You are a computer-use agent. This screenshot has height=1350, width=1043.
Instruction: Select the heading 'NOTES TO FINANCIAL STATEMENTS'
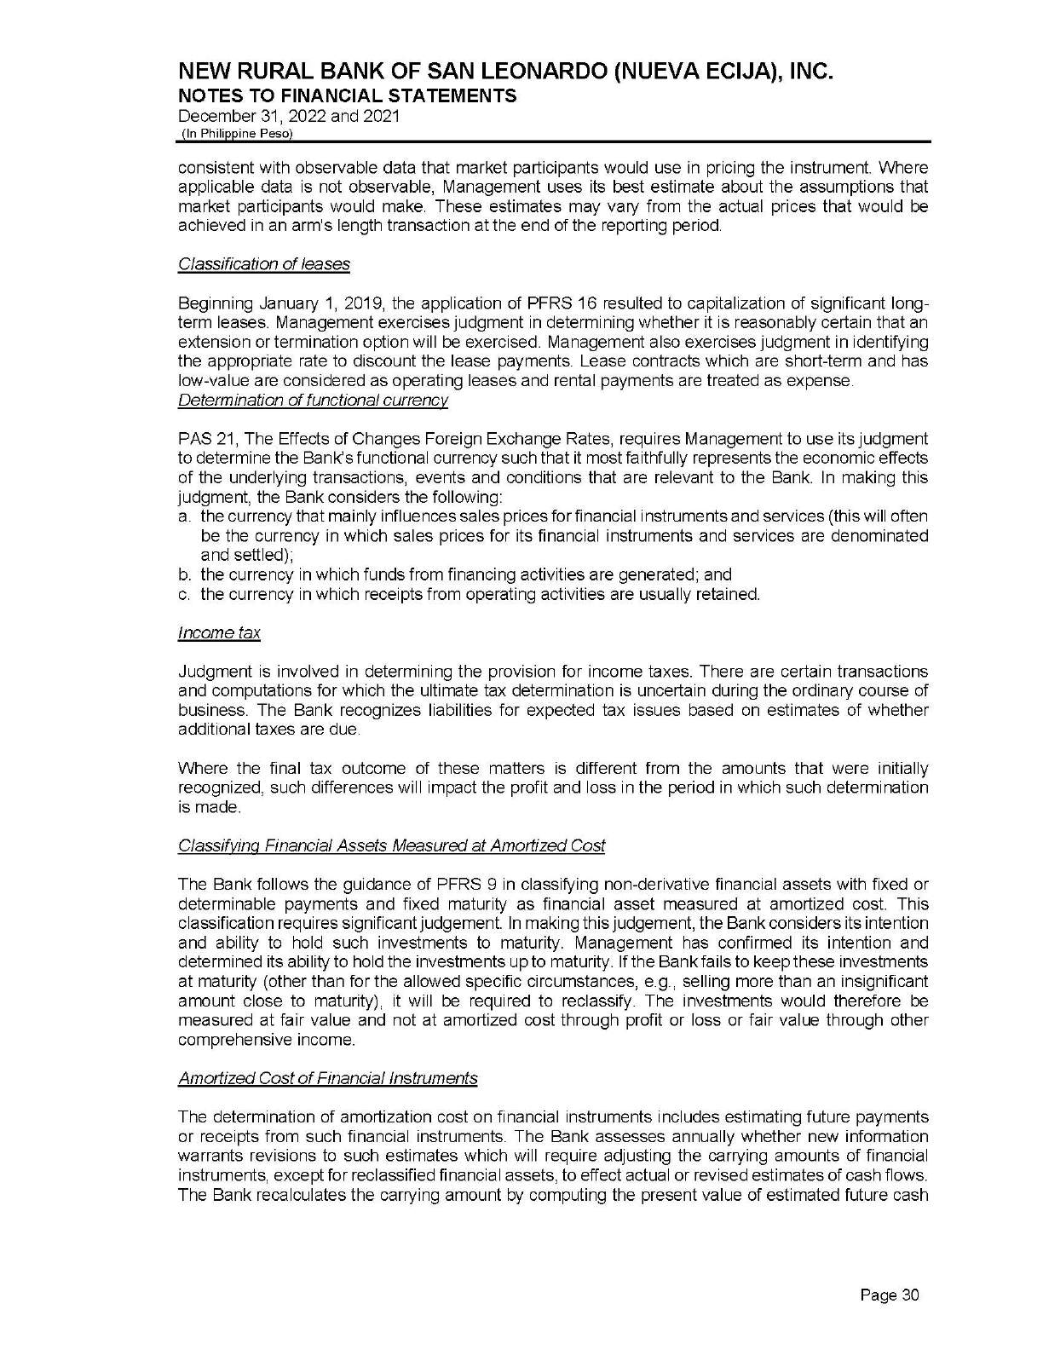point(347,95)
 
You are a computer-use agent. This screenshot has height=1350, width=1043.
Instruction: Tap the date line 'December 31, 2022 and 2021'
point(289,116)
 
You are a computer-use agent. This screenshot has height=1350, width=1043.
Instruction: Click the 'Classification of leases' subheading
point(264,264)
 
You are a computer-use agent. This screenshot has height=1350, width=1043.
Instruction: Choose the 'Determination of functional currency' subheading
point(313,400)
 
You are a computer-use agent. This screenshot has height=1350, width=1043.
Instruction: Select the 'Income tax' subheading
point(219,632)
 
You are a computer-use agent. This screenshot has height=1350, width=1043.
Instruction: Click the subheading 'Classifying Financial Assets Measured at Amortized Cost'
point(391,845)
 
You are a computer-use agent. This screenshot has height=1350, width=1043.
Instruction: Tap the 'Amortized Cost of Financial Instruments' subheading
point(327,1078)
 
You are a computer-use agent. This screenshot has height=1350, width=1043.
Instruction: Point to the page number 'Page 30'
point(890,1296)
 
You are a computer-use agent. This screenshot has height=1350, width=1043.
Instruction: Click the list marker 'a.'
point(184,517)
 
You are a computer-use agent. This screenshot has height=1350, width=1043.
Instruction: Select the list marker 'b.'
point(184,575)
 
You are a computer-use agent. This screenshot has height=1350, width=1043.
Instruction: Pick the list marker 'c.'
point(184,594)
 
